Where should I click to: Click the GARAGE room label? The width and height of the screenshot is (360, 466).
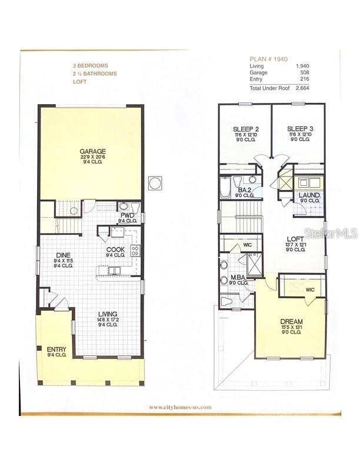click(x=93, y=151)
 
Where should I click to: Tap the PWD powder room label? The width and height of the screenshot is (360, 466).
click(x=127, y=215)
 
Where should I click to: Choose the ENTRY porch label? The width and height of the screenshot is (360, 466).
click(x=56, y=349)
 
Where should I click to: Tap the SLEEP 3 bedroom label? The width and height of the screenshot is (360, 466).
click(x=299, y=129)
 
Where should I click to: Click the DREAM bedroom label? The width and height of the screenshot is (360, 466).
click(x=291, y=321)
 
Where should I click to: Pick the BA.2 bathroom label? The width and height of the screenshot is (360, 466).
click(x=244, y=190)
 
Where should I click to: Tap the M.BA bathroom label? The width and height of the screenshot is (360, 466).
click(x=238, y=278)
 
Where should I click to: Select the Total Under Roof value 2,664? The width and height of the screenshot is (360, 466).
click(x=302, y=88)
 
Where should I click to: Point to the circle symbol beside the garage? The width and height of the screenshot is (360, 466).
click(x=155, y=183)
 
